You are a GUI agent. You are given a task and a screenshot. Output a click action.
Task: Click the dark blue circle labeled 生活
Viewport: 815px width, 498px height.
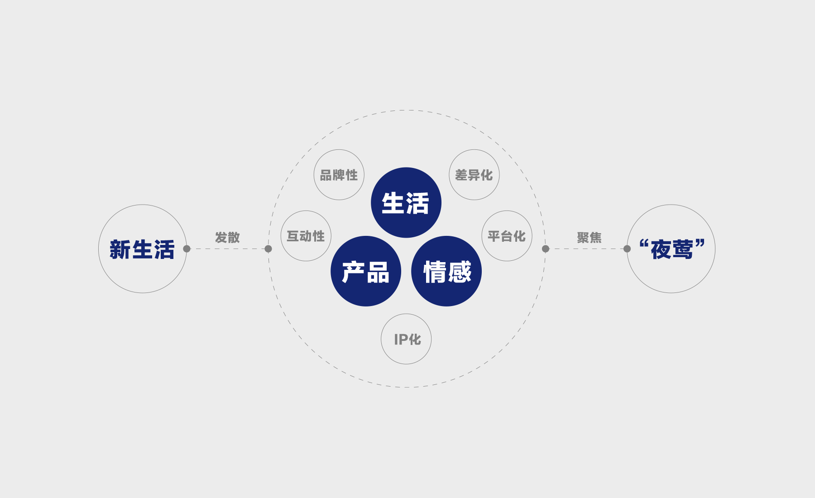(x=406, y=203)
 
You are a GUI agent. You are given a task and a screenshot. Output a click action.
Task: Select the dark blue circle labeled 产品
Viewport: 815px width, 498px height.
(x=366, y=271)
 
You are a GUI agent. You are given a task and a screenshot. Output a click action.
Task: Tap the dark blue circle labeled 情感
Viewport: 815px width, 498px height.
(x=446, y=271)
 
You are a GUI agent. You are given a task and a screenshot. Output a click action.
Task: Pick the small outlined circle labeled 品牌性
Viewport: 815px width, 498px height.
(x=339, y=175)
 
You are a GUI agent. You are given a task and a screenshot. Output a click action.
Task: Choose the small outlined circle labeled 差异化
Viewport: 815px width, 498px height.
(x=474, y=175)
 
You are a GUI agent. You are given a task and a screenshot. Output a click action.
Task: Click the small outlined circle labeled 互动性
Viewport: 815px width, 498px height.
(x=306, y=236)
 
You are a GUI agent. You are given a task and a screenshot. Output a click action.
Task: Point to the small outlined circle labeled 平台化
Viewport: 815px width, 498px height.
(x=507, y=236)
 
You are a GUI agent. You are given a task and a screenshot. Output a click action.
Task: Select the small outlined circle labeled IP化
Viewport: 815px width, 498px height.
(x=406, y=339)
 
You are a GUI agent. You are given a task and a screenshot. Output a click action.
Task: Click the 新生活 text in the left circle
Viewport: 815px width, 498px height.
(x=142, y=249)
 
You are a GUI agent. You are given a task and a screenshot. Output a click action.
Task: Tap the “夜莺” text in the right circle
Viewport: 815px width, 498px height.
(x=672, y=249)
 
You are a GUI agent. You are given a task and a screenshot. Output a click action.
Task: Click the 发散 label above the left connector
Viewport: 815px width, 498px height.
(x=227, y=237)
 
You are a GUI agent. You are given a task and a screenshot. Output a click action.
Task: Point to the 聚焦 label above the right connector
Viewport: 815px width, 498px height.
(x=589, y=237)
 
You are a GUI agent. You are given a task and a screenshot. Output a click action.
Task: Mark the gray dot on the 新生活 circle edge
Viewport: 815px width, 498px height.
(x=187, y=249)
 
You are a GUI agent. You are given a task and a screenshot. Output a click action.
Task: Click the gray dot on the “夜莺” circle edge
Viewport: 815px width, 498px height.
(x=627, y=249)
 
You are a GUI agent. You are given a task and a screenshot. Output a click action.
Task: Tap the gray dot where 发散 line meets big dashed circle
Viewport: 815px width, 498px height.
(x=268, y=249)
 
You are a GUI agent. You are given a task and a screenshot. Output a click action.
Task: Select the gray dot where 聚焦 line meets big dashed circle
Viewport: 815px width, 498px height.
(x=546, y=249)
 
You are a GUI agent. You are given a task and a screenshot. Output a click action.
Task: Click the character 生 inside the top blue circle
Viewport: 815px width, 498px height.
(x=393, y=203)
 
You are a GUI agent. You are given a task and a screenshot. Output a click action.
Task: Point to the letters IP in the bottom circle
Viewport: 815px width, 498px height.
(x=401, y=340)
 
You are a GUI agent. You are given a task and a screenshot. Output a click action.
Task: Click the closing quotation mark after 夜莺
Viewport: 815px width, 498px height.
(x=700, y=244)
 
